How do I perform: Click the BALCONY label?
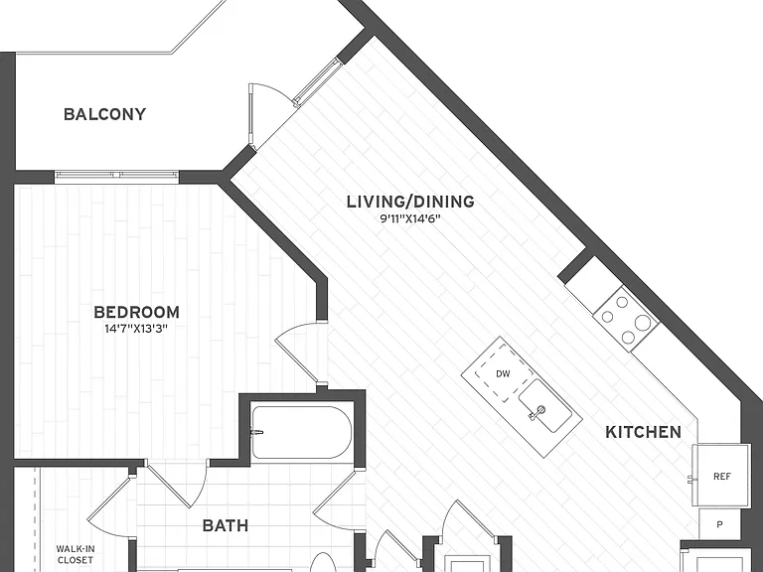point(104,114)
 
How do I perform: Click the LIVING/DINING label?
point(410,202)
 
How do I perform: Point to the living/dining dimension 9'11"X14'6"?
point(410,218)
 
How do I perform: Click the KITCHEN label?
point(644,432)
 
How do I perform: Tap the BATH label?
point(226,525)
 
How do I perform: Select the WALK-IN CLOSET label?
point(76,554)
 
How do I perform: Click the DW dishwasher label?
point(503,374)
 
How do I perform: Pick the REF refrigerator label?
point(722,477)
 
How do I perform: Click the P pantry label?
point(719,524)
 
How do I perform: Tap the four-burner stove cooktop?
point(626,318)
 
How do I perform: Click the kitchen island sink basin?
point(545,406)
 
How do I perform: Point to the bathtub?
point(302,432)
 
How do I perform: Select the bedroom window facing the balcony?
point(117,174)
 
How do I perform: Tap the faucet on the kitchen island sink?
point(536,412)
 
